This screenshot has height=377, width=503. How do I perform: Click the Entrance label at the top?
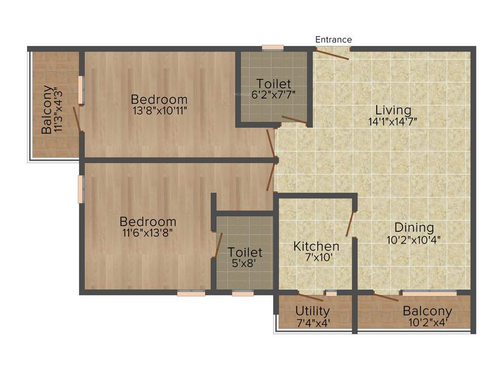[x=334, y=40]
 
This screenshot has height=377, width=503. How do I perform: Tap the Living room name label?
[x=393, y=110]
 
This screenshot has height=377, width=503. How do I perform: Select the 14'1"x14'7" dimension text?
[x=393, y=121]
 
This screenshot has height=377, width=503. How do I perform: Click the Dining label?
[x=414, y=228]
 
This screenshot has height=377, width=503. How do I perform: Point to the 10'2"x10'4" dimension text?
[x=414, y=240]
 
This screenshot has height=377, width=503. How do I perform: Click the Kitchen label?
[x=316, y=246]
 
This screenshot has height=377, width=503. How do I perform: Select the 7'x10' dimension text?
[x=316, y=258]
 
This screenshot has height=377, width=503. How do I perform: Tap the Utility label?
[x=312, y=311]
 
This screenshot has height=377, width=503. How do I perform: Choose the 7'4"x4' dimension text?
[x=312, y=323]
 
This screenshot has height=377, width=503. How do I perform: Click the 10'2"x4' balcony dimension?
[x=427, y=323]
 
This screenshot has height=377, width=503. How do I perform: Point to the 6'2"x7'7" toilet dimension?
[x=273, y=95]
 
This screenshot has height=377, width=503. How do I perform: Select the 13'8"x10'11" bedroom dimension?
[x=160, y=110]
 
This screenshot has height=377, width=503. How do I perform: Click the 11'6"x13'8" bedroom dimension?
[x=147, y=233]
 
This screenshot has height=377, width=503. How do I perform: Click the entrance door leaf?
[x=332, y=54]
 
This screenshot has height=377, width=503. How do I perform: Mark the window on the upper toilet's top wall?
[x=273, y=48]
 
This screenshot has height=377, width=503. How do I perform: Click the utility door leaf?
[x=310, y=297]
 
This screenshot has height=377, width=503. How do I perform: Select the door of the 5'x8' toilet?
[x=219, y=245]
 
